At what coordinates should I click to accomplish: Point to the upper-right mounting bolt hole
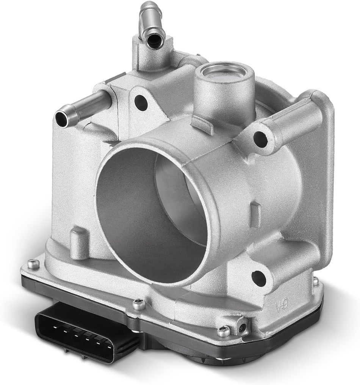tap(260, 139)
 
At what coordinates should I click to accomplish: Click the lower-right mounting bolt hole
tap(259, 277)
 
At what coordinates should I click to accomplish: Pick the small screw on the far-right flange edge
tap(315, 281)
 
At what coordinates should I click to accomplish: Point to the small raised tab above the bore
tap(202, 124)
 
